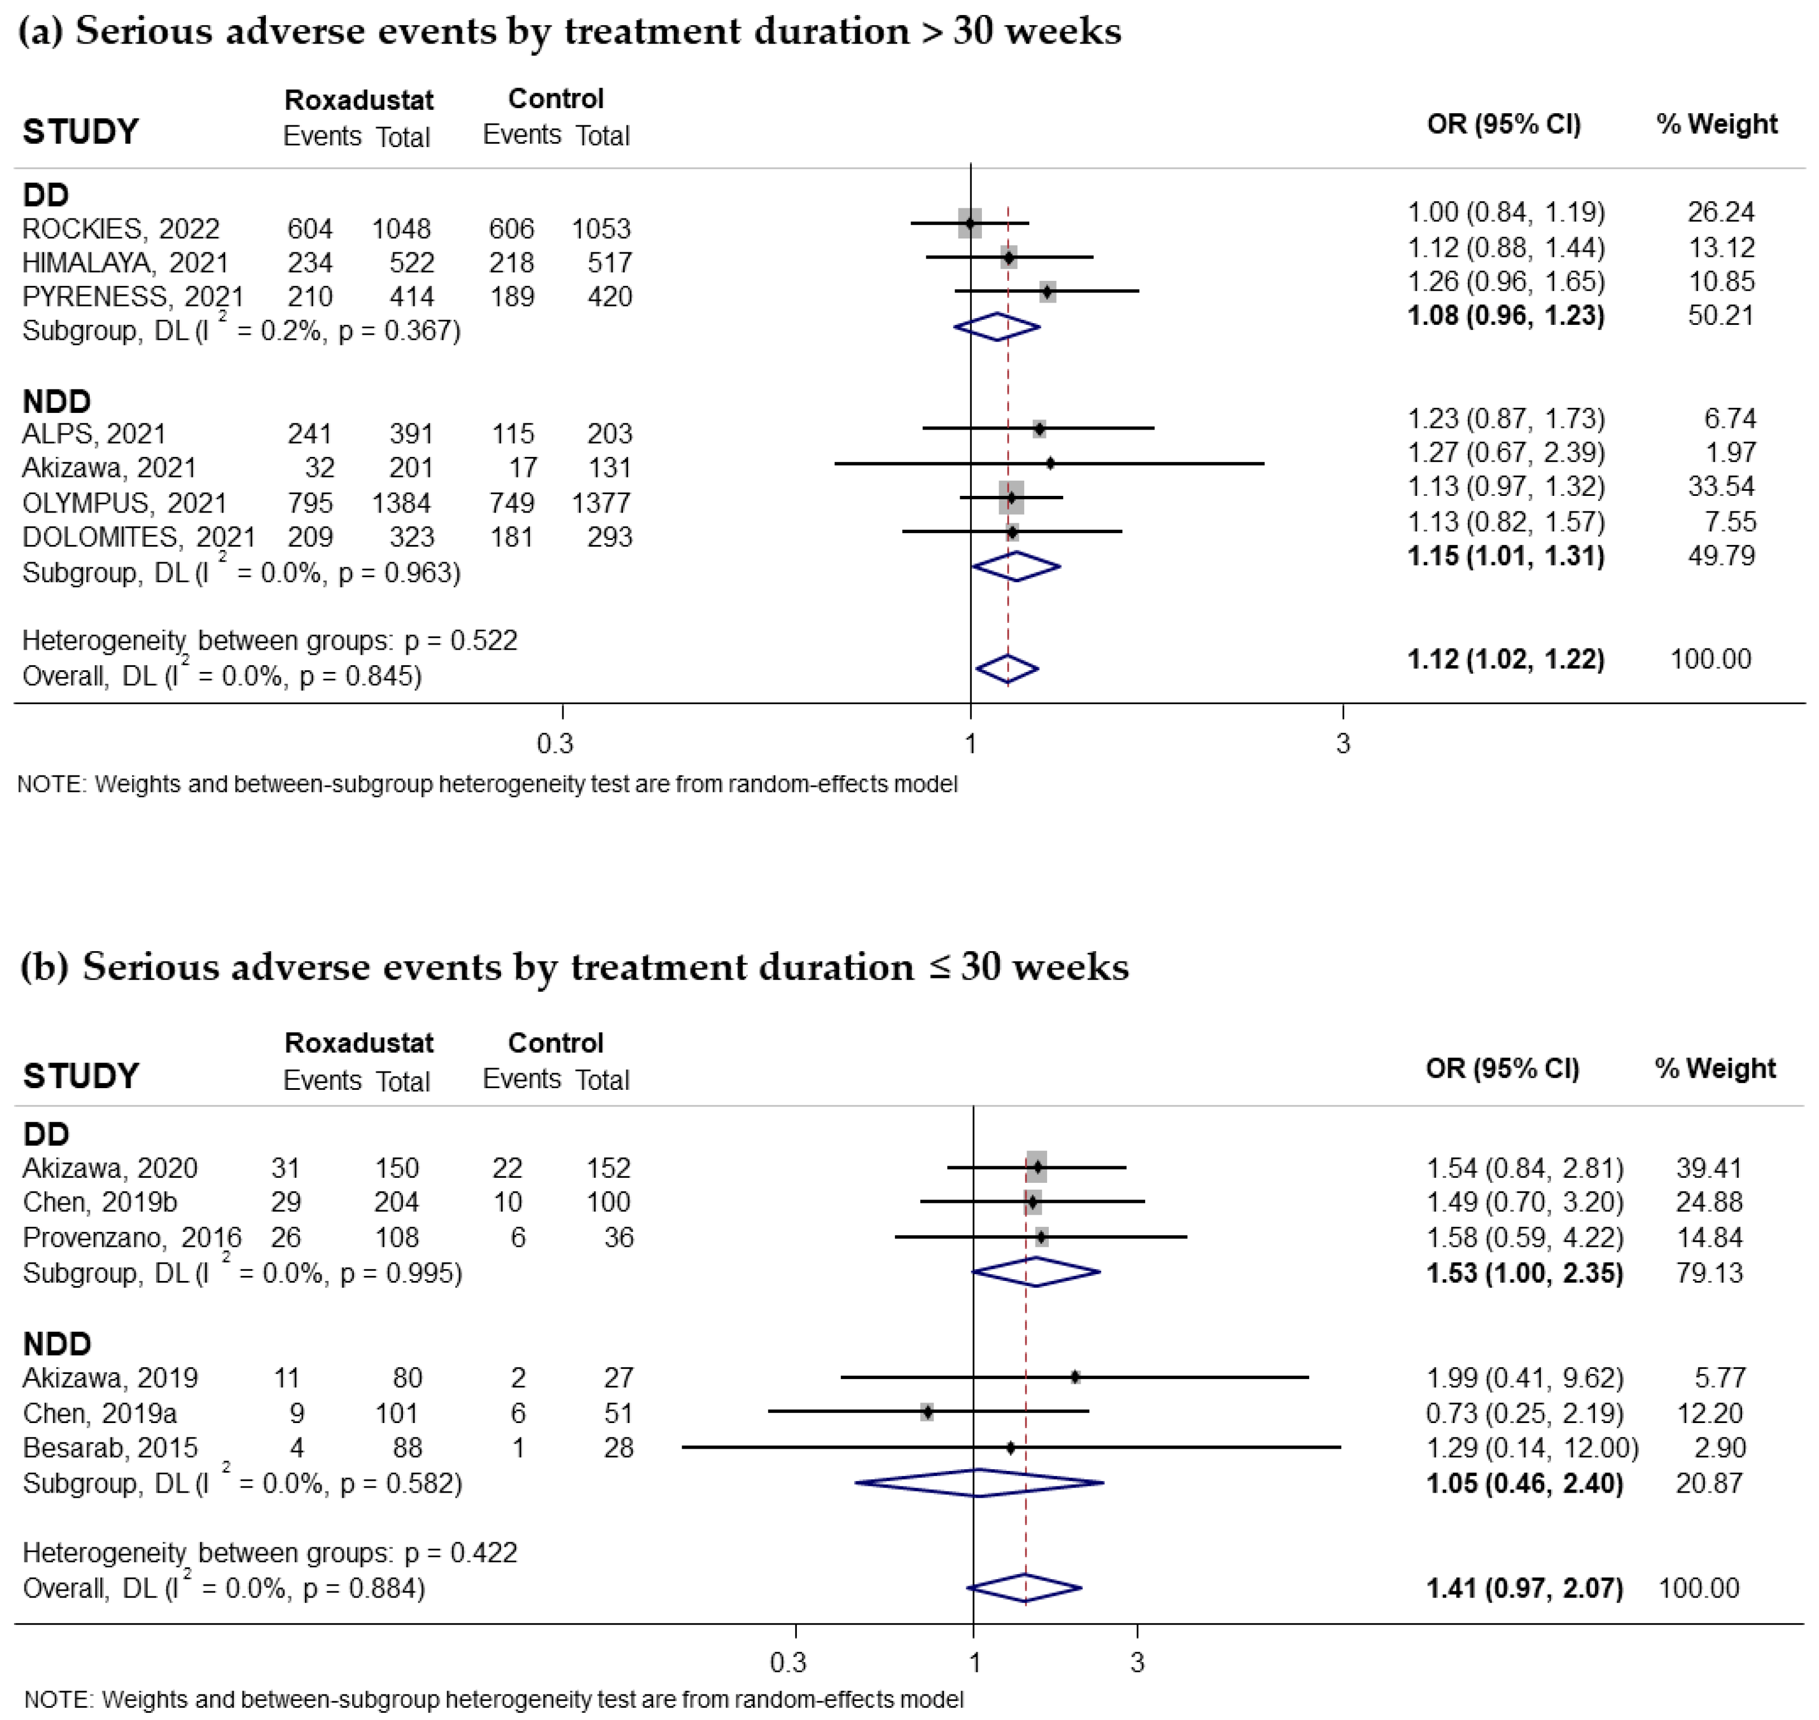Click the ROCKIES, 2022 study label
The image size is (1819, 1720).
121,228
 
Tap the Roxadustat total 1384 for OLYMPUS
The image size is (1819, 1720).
402,503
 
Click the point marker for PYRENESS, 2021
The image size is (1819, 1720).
1047,291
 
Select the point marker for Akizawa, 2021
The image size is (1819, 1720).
1050,463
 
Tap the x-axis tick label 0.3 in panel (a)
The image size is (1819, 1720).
555,743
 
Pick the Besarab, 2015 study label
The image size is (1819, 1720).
110,1447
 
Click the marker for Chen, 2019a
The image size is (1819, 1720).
927,1412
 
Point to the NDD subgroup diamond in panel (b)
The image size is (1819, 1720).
978,1483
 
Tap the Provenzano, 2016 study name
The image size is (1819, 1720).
132,1237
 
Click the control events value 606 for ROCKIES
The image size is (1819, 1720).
510,228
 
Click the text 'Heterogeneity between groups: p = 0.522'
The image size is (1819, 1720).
270,640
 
